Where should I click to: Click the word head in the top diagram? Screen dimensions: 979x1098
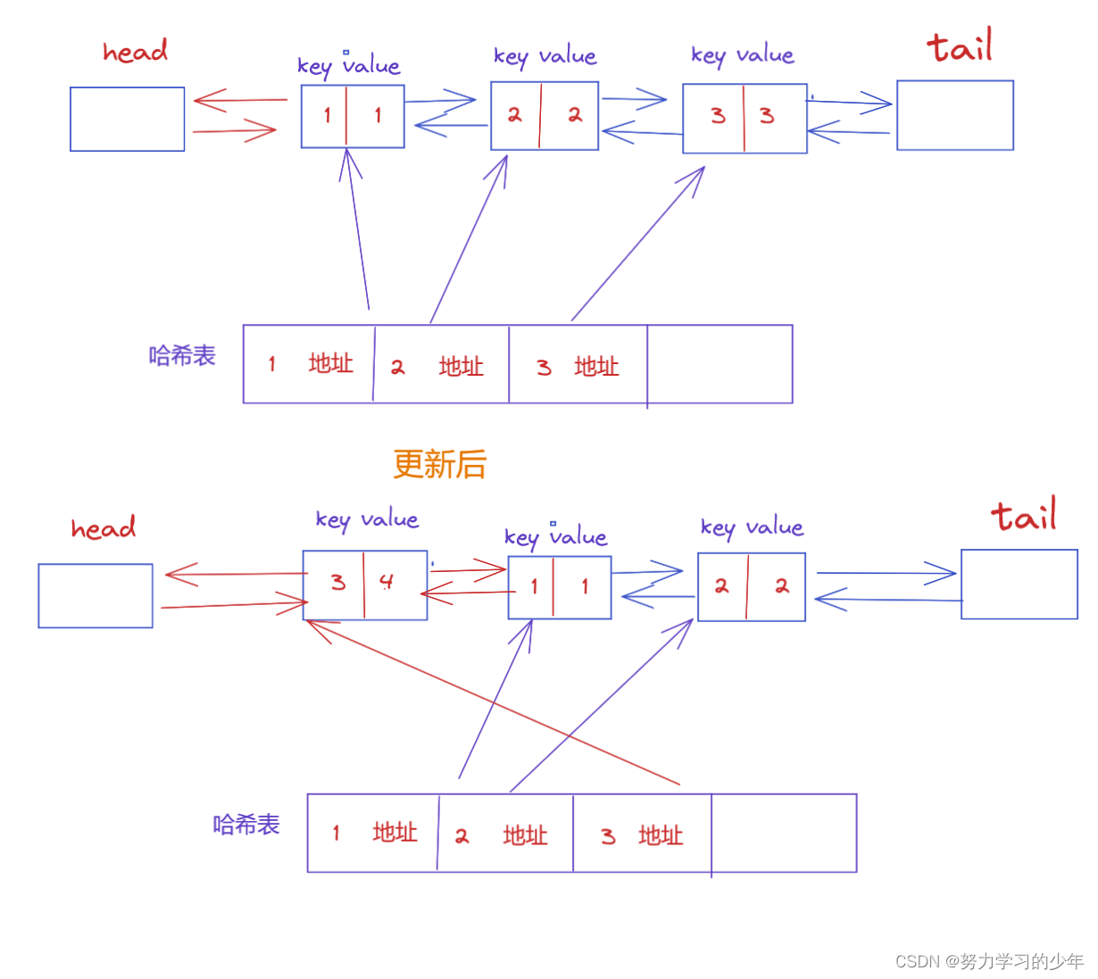pyautogui.click(x=135, y=52)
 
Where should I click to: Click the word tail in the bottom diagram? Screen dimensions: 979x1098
pyautogui.click(x=1023, y=516)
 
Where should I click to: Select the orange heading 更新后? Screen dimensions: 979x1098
pyautogui.click(x=439, y=464)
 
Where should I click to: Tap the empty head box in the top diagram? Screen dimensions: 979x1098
pyautogui.click(x=127, y=119)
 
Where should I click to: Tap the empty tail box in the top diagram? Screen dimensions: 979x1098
pyautogui.click(x=954, y=115)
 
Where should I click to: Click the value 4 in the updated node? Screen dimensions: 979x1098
pyautogui.click(x=386, y=583)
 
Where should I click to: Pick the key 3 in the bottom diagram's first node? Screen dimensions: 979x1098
pyautogui.click(x=337, y=583)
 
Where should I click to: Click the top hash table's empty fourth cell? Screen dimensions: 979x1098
pyautogui.click(x=720, y=364)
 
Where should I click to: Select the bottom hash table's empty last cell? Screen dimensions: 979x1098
pyautogui.click(x=784, y=833)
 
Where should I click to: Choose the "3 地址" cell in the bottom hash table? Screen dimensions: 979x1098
pyautogui.click(x=641, y=835)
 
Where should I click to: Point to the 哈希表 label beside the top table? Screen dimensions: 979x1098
pyautogui.click(x=182, y=356)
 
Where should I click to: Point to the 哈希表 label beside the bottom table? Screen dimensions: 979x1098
pyautogui.click(x=246, y=825)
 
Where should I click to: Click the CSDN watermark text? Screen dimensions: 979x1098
pyautogui.click(x=988, y=961)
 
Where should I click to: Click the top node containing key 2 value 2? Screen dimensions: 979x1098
pyautogui.click(x=544, y=115)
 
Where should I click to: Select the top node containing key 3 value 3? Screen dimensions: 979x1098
pyautogui.click(x=744, y=118)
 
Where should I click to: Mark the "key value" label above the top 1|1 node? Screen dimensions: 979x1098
pyautogui.click(x=348, y=65)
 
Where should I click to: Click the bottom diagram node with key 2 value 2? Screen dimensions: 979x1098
pyautogui.click(x=751, y=586)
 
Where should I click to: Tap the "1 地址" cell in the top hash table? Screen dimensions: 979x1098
pyautogui.click(x=309, y=364)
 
